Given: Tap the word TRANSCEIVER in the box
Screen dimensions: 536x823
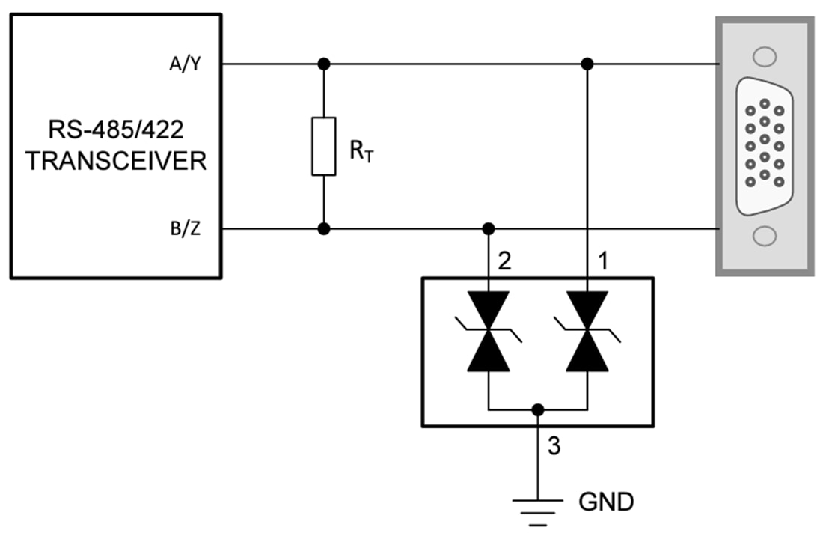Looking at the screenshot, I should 116,161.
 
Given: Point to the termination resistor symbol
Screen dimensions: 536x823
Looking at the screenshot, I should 323,146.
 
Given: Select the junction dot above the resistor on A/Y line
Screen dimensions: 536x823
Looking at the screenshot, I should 323,64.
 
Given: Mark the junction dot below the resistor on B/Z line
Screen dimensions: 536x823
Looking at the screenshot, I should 323,228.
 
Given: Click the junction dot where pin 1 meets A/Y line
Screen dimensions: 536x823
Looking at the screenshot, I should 587,64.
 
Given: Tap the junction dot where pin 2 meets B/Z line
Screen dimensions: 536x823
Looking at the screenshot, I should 489,228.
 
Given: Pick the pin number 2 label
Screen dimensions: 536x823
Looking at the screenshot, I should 507,261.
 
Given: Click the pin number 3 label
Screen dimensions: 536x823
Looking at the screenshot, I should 554,446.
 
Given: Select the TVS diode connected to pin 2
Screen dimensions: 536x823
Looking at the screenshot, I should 488,331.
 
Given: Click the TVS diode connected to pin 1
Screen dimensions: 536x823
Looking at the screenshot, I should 587,331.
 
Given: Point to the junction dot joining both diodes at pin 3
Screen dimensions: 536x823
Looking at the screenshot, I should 537,409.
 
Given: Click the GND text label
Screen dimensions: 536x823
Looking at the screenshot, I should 605,500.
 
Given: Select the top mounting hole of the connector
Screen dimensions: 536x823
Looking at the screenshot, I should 763,56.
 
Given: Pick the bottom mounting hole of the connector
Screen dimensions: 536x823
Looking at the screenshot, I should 763,236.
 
